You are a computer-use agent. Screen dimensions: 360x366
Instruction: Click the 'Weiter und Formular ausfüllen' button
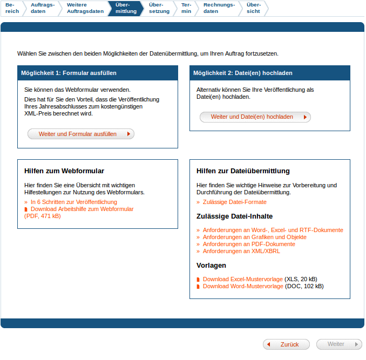80,134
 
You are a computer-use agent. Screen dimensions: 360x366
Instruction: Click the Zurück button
287,344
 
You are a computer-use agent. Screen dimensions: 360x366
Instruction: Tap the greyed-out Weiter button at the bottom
339,344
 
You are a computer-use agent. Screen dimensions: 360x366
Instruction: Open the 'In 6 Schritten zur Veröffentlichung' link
73,202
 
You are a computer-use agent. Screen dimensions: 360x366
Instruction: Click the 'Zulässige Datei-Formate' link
234,202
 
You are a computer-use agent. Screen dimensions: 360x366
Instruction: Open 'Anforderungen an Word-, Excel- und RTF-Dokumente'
273,230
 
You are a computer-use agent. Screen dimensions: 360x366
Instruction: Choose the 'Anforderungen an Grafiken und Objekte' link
254,237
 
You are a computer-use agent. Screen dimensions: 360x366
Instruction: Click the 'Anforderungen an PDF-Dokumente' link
249,244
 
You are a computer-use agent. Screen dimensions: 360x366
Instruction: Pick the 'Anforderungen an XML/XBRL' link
241,251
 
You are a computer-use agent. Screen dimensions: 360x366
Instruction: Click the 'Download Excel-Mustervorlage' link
242,279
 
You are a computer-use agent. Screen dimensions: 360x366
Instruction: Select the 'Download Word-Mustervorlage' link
242,286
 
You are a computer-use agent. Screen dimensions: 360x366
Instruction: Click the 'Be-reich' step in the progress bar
12,8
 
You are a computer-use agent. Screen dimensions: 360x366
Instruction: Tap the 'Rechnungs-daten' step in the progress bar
219,8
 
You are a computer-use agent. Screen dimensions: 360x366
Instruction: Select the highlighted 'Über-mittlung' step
126,8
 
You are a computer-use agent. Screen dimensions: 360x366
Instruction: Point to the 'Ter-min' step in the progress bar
186,8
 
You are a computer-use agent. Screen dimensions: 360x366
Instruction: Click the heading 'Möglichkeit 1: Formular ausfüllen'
69,73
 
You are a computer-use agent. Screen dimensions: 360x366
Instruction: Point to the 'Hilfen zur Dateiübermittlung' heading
243,171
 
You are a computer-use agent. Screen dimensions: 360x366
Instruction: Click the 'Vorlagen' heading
211,266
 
